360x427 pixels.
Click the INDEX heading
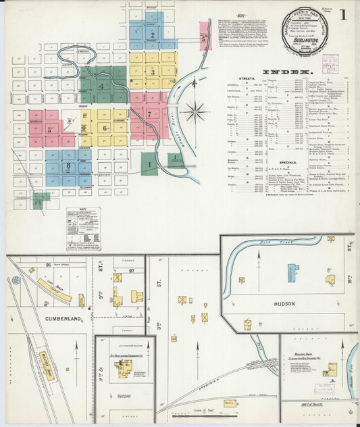pyautogui.click(x=286, y=72)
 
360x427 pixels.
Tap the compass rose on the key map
pyautogui.click(x=195, y=110)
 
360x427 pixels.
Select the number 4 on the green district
pyautogui.click(x=101, y=86)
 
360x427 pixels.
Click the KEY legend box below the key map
pyautogui.click(x=83, y=228)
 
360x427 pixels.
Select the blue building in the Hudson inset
pyautogui.click(x=292, y=272)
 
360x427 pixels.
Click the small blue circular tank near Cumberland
pyautogui.click(x=16, y=280)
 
